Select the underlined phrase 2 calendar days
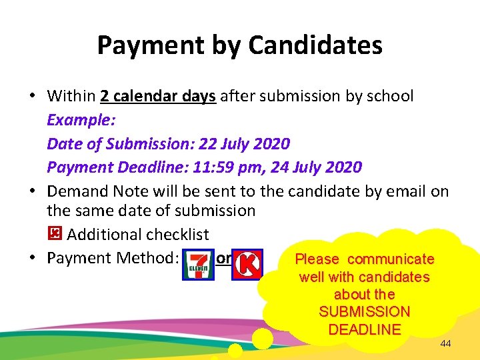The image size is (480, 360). click(x=158, y=96)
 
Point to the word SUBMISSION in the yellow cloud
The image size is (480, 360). click(x=365, y=311)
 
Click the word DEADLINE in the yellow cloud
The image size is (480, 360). click(x=365, y=329)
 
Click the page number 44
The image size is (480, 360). click(x=446, y=344)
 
